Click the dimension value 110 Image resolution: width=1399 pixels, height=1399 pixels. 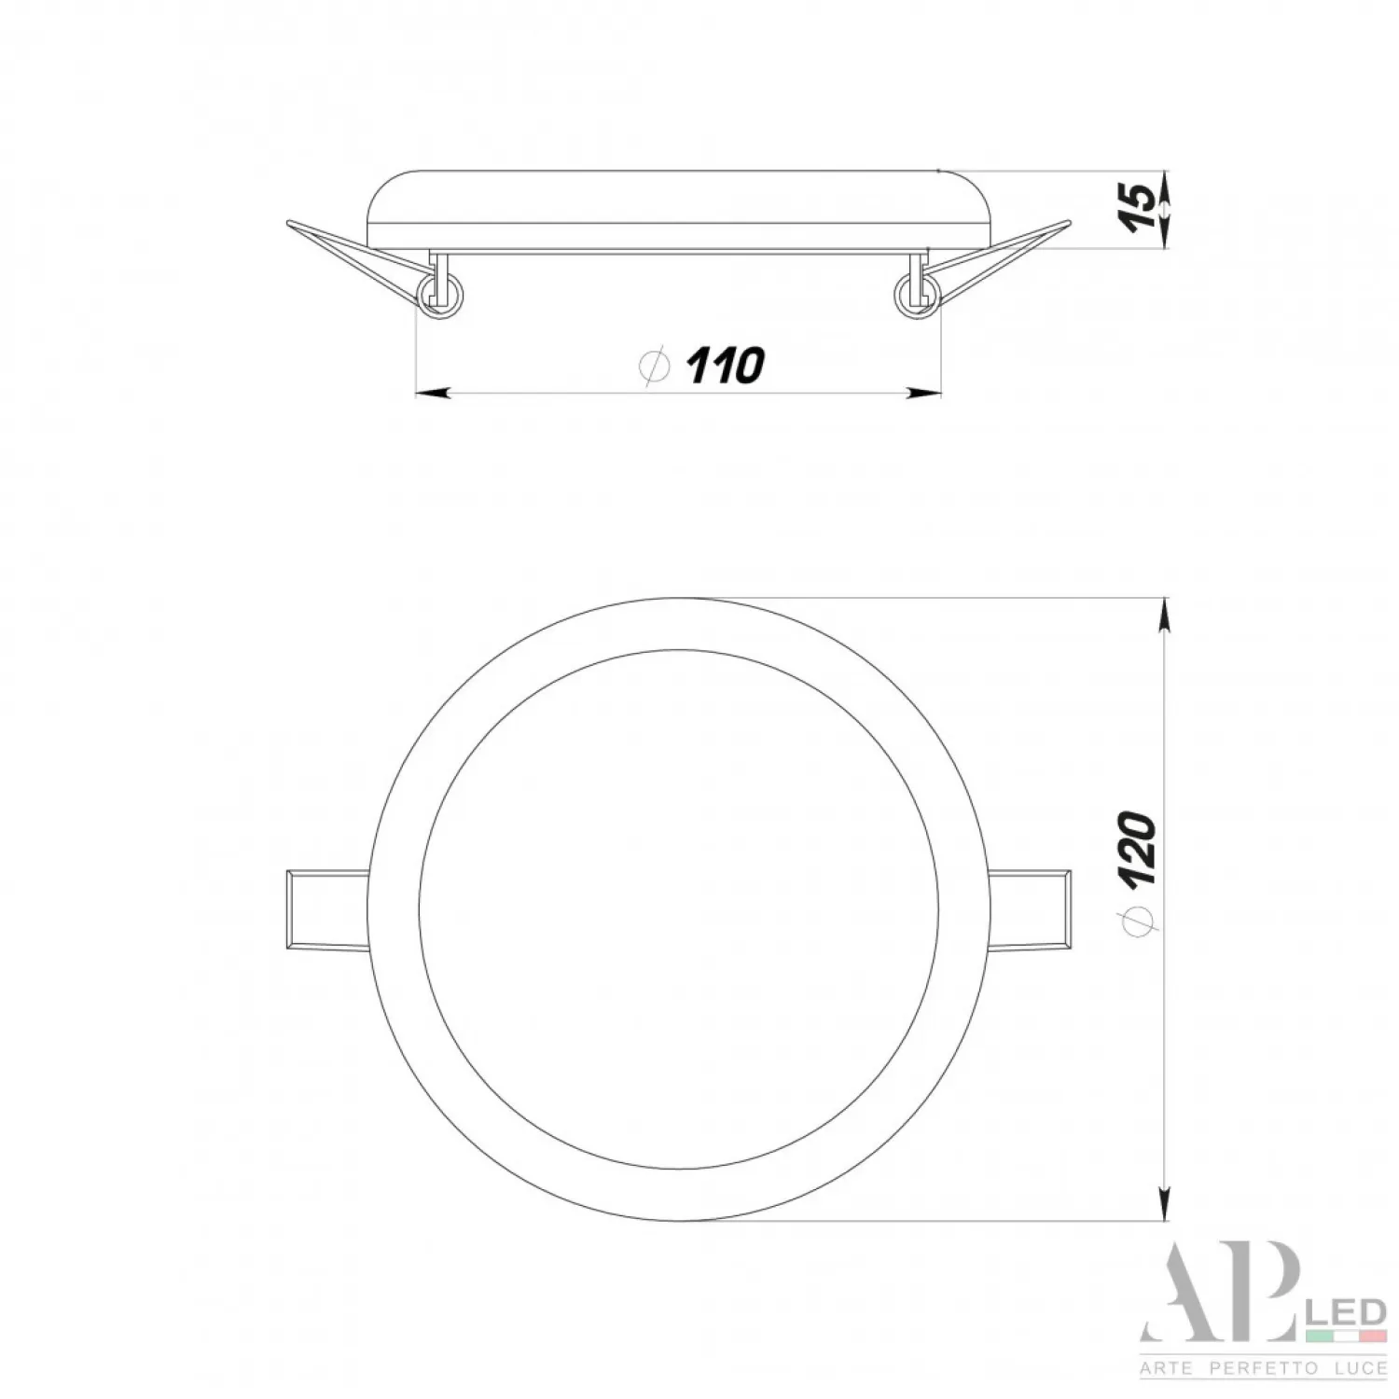[x=727, y=365]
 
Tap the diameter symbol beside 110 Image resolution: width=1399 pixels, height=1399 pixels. [x=656, y=366]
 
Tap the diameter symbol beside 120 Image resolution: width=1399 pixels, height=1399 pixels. [x=1138, y=919]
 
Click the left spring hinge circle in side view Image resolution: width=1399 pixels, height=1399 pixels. [x=440, y=296]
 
